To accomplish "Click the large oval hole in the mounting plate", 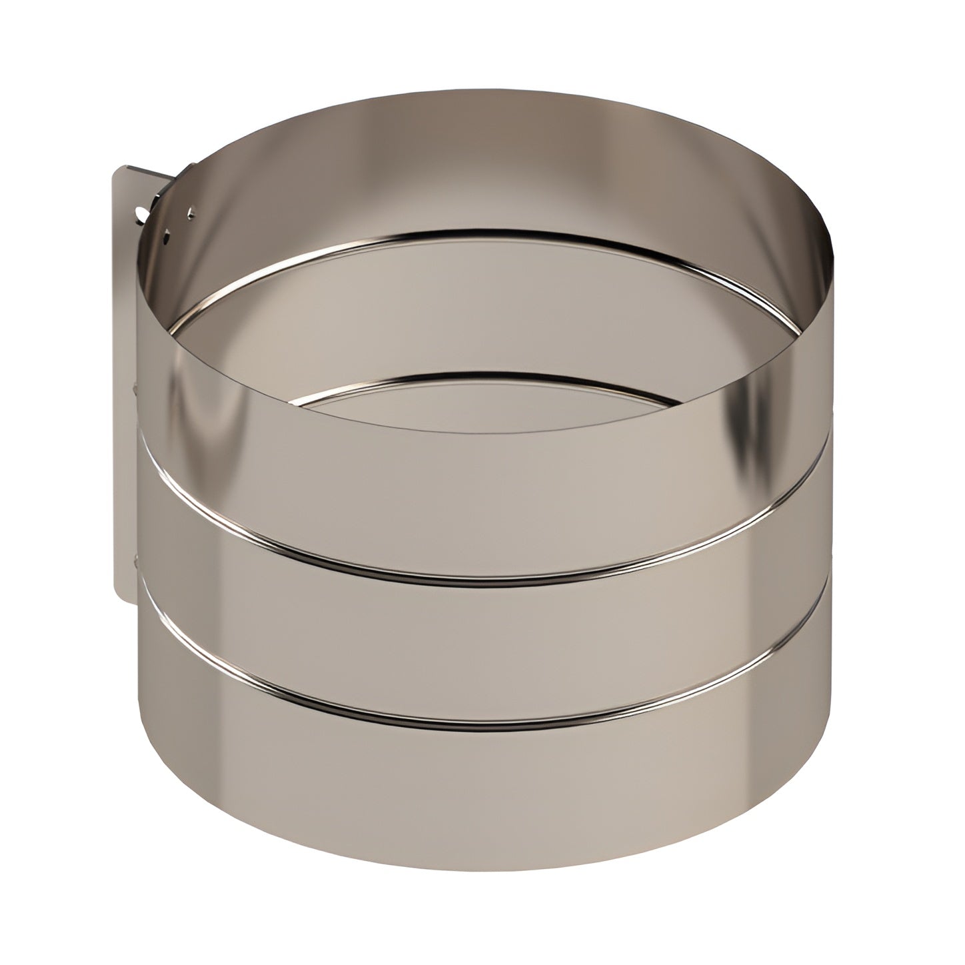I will pos(141,215).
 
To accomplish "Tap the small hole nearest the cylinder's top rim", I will pos(193,213).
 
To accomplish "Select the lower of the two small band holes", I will pos(167,234).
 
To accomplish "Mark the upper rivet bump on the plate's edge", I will pos(137,387).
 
